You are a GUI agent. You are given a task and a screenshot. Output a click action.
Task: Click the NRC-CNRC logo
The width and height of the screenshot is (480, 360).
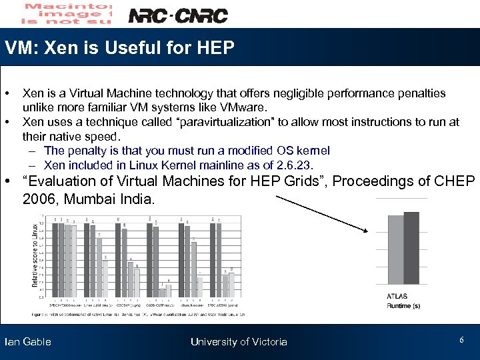tap(177, 15)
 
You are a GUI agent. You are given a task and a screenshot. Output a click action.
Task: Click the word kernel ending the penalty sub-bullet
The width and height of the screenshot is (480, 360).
tap(315, 151)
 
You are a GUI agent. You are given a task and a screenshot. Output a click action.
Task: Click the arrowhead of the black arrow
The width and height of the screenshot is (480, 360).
tap(366, 231)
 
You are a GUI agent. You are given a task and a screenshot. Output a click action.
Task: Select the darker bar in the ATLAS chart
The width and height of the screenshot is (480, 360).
tap(411, 248)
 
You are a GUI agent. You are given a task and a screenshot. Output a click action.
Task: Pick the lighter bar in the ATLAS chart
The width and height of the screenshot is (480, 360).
tap(395, 250)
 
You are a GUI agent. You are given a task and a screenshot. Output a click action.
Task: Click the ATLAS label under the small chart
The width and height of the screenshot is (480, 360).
tap(397, 296)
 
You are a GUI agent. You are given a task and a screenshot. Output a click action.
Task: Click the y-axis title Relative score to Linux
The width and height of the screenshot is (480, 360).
tap(35, 255)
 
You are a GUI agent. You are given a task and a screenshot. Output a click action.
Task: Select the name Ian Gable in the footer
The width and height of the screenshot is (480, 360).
tap(28, 342)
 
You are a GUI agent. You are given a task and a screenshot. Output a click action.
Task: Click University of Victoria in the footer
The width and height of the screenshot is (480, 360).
tap(239, 342)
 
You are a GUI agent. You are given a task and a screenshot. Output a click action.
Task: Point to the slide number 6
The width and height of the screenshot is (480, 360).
tap(461, 341)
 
